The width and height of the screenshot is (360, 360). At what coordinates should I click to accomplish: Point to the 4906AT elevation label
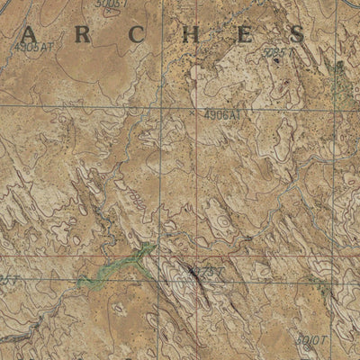point(221,115)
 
